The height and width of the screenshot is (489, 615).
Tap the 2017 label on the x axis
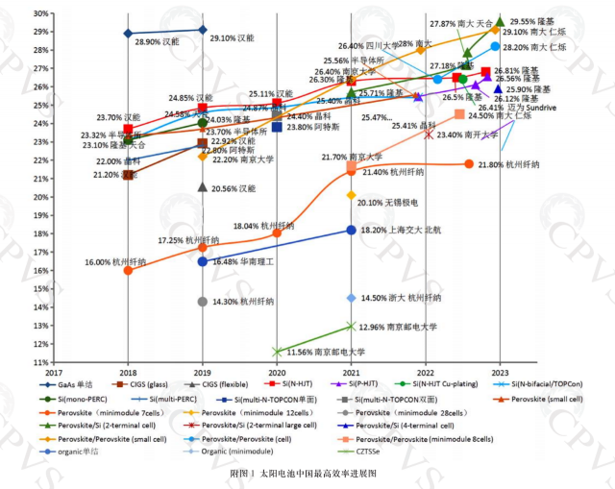click(54, 373)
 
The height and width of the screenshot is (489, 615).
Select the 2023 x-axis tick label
click(501, 373)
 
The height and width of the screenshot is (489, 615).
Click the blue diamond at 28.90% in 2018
click(128, 34)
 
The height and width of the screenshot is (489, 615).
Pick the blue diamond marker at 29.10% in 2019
click(202, 30)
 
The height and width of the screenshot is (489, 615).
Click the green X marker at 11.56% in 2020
click(277, 352)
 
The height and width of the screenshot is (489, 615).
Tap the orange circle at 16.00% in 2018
click(128, 270)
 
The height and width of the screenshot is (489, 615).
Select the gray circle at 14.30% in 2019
click(202, 302)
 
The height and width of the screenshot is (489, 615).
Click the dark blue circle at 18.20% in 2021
click(351, 230)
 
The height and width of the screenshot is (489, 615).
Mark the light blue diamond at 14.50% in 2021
click(351, 298)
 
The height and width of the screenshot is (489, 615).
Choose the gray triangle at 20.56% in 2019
click(202, 186)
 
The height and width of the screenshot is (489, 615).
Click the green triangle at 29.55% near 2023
click(499, 20)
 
